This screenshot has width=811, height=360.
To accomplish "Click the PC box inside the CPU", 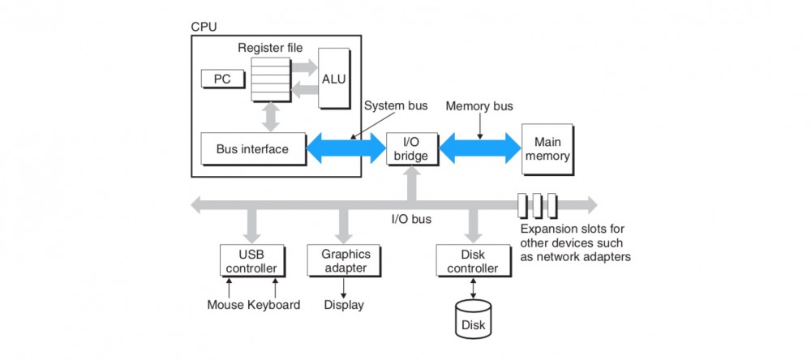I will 222,79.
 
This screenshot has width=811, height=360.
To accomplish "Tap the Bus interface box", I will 243,149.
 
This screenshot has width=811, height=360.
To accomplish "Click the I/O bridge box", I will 411,148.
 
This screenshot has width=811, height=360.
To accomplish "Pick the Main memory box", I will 547,148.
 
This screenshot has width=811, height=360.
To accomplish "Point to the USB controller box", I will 252,260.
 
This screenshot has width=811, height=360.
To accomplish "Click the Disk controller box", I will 474,260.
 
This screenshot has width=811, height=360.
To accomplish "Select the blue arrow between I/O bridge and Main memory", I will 479,149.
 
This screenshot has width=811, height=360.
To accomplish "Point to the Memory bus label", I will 479,106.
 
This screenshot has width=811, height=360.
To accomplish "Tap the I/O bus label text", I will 411,218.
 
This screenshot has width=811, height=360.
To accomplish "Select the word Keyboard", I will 274,305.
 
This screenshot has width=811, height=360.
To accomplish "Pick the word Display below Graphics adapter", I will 344,305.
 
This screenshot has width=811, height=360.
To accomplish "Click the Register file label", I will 270,48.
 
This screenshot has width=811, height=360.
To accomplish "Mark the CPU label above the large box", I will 204,26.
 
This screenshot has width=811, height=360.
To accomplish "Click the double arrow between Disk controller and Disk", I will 474,287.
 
